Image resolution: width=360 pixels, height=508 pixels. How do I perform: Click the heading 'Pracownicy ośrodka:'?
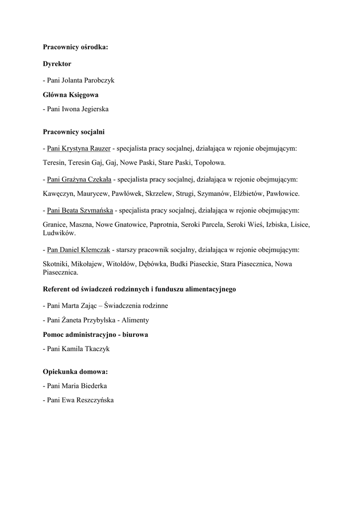75,48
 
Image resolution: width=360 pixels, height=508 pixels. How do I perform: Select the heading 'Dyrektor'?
57,63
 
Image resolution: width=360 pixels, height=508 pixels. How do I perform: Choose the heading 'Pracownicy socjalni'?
73,132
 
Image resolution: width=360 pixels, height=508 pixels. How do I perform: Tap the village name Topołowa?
211,162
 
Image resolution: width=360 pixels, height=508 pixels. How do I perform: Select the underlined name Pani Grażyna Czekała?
79,179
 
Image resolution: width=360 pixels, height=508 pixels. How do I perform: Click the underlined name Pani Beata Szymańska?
80,210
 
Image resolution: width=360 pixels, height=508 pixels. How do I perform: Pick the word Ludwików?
59,233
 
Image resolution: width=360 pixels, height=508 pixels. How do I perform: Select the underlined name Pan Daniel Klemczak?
78,250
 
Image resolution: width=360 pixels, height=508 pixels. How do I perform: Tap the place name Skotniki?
56,264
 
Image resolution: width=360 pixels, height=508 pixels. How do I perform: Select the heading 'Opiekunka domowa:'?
75,371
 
